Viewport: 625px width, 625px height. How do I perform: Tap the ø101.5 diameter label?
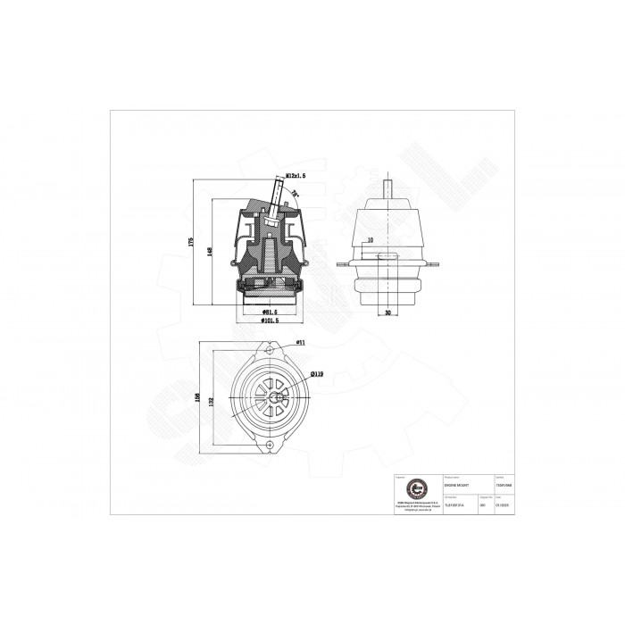(271, 321)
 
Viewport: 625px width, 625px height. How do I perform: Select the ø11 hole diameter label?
(301, 342)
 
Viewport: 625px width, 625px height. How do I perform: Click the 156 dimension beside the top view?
(196, 396)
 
